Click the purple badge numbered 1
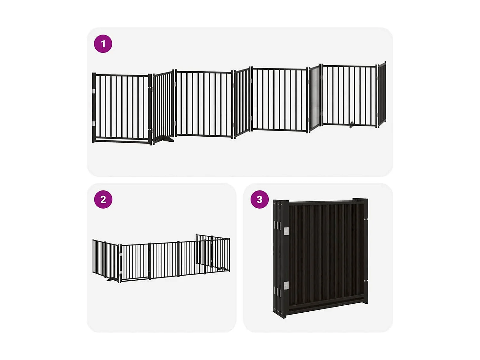(x=103, y=44)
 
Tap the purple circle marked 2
(x=103, y=199)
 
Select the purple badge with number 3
(x=260, y=199)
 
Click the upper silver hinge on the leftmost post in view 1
(x=94, y=91)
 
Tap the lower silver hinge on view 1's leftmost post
(x=94, y=124)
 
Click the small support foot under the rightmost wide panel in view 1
(x=352, y=125)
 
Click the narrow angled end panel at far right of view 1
(x=382, y=94)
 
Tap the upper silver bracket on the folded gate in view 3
(x=286, y=231)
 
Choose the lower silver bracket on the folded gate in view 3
(x=286, y=285)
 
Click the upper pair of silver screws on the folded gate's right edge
(x=366, y=220)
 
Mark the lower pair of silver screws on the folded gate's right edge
(x=366, y=281)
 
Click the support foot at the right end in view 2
(x=222, y=269)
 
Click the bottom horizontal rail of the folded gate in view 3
(x=326, y=307)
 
